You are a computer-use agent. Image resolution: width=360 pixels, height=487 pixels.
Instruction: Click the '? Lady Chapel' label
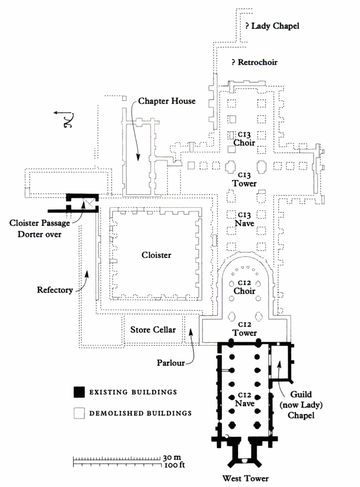coord(272,26)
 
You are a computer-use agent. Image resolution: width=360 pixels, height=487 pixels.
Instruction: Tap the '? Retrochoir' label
coord(254,62)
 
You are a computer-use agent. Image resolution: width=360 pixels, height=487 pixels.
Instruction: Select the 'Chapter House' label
coord(167,101)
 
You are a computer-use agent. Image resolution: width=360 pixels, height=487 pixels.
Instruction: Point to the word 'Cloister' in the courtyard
coord(156,255)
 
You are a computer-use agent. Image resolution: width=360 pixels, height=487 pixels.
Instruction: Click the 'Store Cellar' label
coord(153,330)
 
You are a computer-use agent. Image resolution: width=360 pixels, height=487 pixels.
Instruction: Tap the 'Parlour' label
coord(171,363)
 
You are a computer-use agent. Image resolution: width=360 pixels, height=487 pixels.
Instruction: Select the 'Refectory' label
coord(55,290)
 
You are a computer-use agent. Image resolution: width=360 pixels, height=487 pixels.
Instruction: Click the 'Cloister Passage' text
coord(40,223)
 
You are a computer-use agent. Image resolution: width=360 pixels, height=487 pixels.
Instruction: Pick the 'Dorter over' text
coord(40,234)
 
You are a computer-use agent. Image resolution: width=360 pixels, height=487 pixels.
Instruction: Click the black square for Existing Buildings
coord(79,392)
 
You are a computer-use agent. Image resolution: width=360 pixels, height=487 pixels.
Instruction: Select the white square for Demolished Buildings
coord(79,413)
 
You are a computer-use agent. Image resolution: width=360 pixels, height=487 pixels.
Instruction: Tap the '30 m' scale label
coord(172,458)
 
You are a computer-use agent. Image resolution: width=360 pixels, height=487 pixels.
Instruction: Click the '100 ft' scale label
coord(174,465)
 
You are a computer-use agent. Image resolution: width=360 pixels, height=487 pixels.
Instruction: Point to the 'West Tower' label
coord(245,478)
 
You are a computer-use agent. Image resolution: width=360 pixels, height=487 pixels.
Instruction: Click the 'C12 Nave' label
coord(245,400)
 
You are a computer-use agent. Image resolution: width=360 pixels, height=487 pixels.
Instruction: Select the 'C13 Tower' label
coord(245,179)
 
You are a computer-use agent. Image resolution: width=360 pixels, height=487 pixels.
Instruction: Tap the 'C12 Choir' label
coord(245,287)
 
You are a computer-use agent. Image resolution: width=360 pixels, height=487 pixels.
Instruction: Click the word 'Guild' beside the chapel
coord(301,394)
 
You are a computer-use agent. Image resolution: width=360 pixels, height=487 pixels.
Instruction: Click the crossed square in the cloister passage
coord(89,203)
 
